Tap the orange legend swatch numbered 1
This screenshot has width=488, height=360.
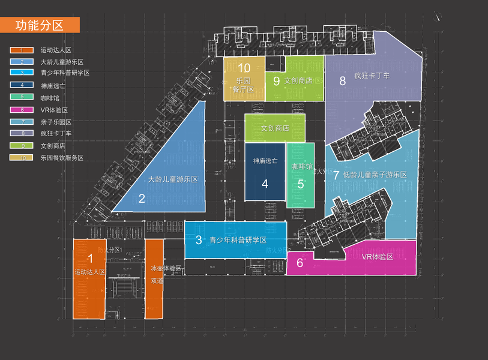(x=22, y=50)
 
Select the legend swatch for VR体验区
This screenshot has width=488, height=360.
(x=22, y=110)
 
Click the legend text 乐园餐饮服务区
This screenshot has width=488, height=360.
(x=62, y=158)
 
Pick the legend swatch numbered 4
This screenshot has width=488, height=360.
(x=22, y=86)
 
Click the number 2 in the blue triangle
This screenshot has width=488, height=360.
(x=142, y=199)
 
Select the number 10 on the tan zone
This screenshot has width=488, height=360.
(x=244, y=68)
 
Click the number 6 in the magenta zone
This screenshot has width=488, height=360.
(x=300, y=263)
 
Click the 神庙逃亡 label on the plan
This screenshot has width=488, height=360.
(x=265, y=161)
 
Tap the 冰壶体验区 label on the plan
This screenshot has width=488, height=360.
(x=166, y=269)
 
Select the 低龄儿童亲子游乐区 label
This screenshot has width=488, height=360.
(x=375, y=175)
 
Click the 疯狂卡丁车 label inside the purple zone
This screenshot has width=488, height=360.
(x=372, y=76)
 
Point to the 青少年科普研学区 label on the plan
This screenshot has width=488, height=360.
(x=238, y=240)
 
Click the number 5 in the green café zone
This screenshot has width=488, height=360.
(x=301, y=184)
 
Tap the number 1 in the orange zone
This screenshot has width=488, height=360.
(x=91, y=259)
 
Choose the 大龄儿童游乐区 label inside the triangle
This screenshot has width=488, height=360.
(x=173, y=179)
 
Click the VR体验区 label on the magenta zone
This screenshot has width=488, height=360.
(x=377, y=257)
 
